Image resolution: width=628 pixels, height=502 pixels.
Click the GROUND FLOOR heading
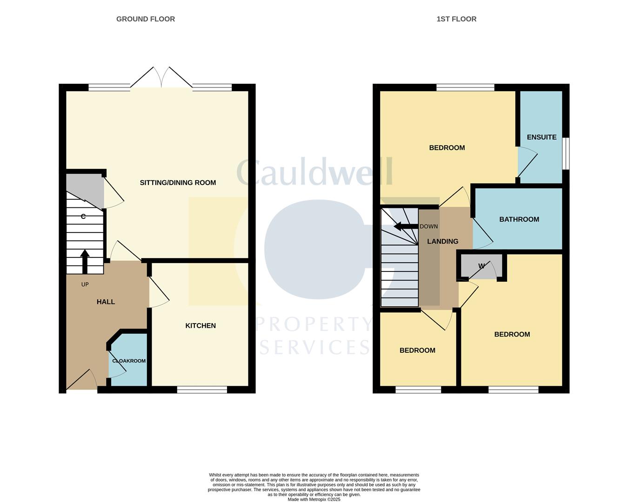[x=146, y=19]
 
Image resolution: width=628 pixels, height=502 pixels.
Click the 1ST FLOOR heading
[x=456, y=19]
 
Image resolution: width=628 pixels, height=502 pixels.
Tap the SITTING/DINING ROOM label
[x=178, y=183]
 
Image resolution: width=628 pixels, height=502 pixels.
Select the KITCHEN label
[x=200, y=325]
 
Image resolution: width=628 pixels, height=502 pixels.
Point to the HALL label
[x=106, y=302]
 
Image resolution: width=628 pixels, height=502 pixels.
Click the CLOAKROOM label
[x=129, y=361]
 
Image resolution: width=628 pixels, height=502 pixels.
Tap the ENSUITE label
[x=541, y=137]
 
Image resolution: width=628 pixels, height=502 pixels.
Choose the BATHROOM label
[x=519, y=219]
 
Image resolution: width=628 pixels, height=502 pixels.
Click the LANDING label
[x=442, y=241]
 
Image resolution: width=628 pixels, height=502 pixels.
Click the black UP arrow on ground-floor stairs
[x=85, y=261]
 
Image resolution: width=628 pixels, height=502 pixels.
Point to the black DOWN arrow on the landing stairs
[x=405, y=227]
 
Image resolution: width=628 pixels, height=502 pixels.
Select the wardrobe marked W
[x=481, y=266]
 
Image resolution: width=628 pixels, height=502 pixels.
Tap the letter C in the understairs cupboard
[x=83, y=217]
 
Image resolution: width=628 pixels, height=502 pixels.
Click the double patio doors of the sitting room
[x=161, y=78]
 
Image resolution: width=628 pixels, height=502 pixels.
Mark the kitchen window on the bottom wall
[x=202, y=390]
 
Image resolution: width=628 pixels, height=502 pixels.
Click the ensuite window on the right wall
[x=566, y=153]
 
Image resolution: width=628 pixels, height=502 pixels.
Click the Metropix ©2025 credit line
[x=314, y=500]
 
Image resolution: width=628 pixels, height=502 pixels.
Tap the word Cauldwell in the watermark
[x=314, y=172]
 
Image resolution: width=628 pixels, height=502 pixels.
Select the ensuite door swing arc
[x=528, y=163]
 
